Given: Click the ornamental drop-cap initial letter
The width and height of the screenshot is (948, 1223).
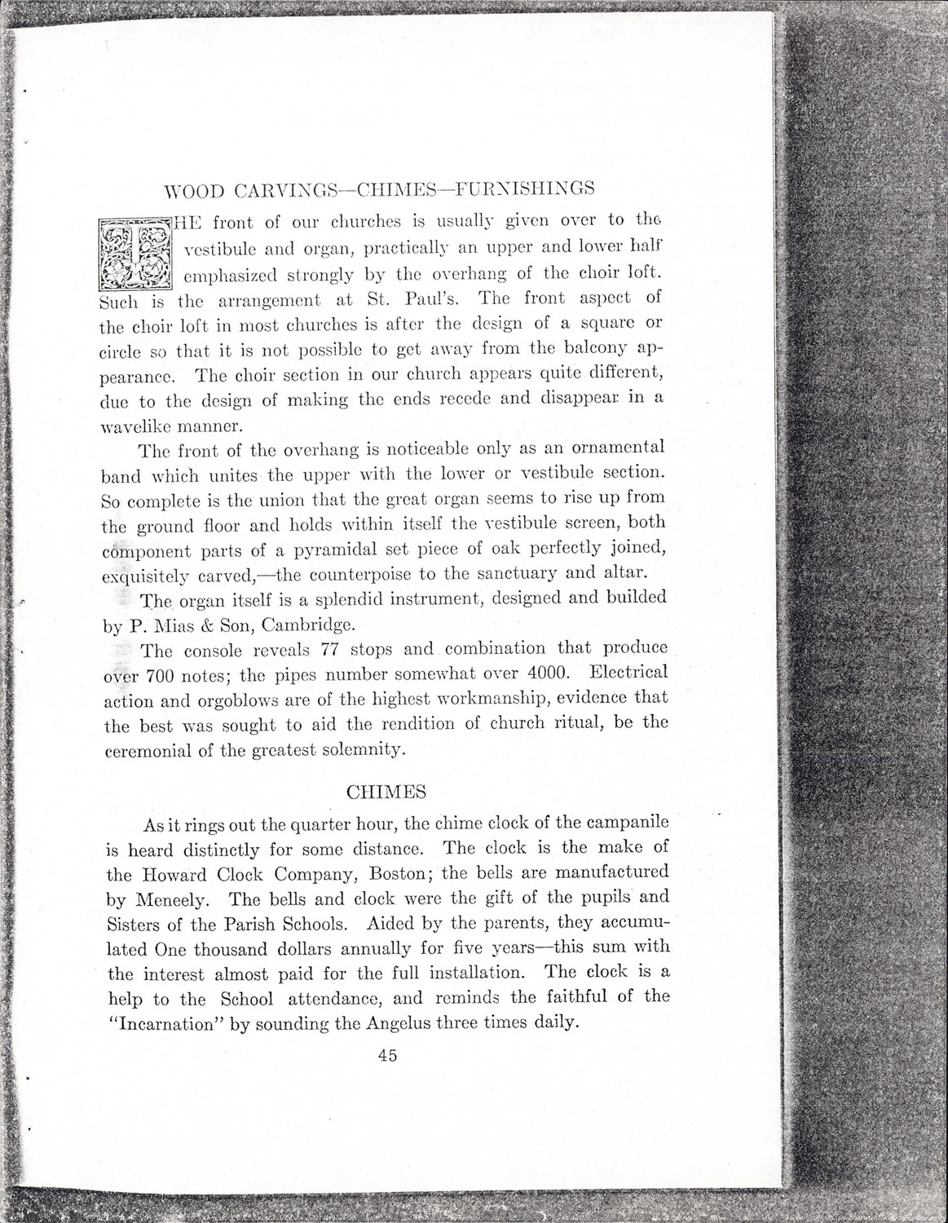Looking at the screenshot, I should (134, 254).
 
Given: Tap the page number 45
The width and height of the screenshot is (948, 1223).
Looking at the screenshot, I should (387, 1055).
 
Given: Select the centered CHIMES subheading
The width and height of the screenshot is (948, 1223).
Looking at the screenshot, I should (386, 792).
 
